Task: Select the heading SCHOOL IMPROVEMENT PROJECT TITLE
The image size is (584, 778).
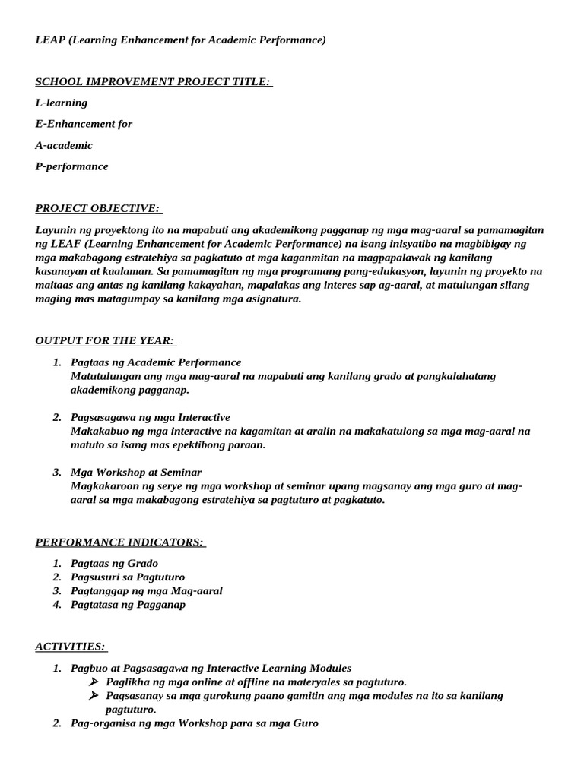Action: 153,81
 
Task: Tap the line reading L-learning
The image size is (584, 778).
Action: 62,103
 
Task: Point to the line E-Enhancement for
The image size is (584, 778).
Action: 84,124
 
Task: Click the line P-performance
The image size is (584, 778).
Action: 71,166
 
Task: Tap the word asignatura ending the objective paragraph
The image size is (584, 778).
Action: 268,299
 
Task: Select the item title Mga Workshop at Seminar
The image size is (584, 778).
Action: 136,472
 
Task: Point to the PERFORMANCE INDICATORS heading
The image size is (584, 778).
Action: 119,542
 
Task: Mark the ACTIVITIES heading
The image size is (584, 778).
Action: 70,647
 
